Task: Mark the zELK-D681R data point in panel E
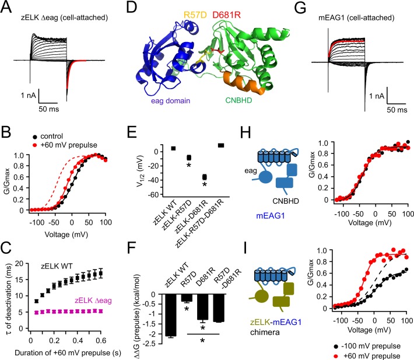pos(204,177)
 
